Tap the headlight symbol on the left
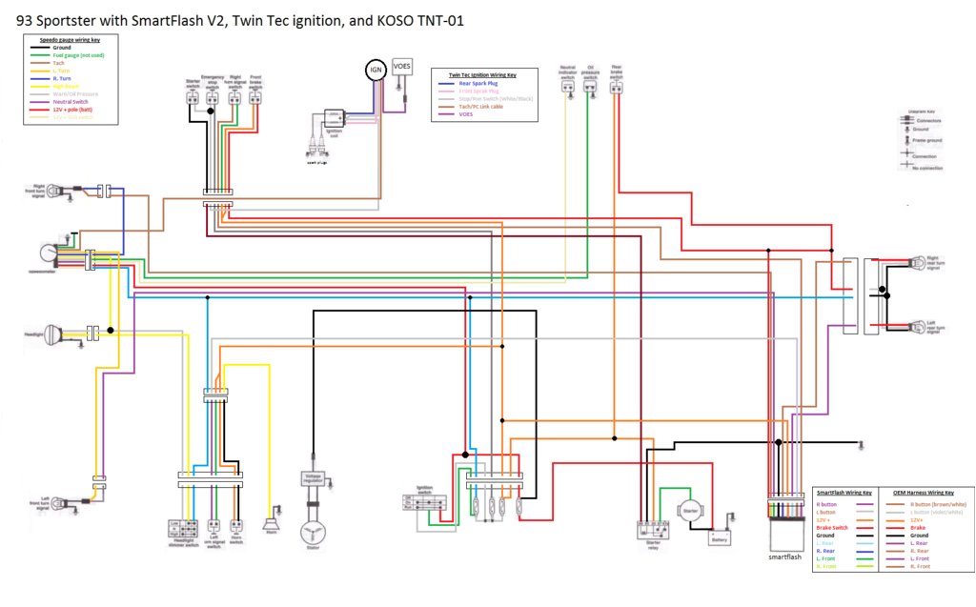coord(48,335)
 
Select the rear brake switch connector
coord(618,88)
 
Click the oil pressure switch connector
coord(591,88)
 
